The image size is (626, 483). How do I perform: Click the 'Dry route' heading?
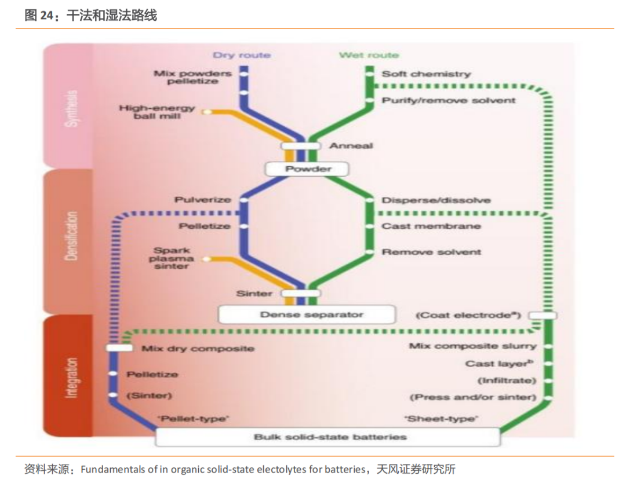click(242, 55)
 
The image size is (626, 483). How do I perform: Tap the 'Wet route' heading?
click(369, 55)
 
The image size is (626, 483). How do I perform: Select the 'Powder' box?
click(308, 169)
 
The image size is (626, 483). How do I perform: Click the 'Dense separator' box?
click(307, 314)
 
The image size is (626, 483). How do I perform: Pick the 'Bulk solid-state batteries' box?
click(327, 437)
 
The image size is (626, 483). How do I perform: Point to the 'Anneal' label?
click(351, 145)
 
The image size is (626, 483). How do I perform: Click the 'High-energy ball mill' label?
click(157, 112)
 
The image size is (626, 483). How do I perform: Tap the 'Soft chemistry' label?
click(426, 74)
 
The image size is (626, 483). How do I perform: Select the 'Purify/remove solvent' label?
click(448, 100)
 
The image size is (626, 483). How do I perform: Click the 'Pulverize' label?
click(203, 200)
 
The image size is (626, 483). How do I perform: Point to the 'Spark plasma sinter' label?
click(171, 258)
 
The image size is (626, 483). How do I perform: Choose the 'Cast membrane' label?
click(431, 226)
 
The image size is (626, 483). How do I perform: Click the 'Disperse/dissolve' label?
click(436, 200)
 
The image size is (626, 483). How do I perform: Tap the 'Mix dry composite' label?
click(198, 349)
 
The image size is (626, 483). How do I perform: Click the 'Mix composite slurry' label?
click(472, 346)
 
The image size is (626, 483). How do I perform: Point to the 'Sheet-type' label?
click(441, 418)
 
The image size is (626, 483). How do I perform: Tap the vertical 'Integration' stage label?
click(71, 376)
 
